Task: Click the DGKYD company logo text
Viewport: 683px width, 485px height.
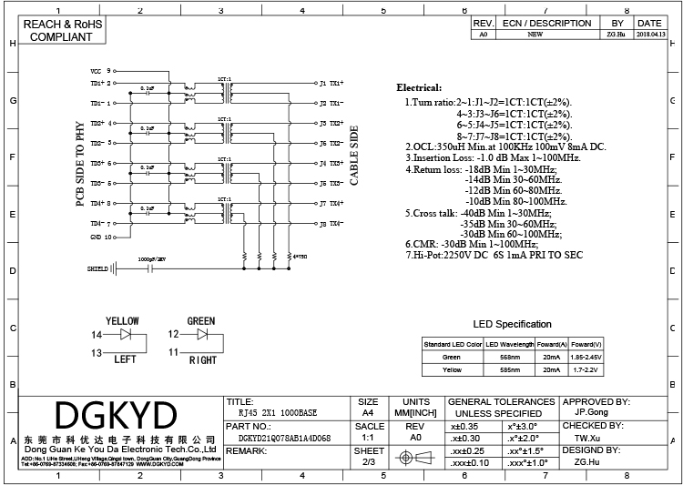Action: (116, 416)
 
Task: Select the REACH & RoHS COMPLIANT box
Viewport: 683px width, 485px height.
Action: (61, 31)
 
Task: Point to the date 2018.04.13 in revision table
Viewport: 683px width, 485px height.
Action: (648, 34)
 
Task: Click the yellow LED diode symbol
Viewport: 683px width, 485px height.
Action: (128, 335)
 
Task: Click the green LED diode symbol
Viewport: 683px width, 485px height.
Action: (205, 335)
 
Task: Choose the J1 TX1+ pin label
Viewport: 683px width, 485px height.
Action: (331, 82)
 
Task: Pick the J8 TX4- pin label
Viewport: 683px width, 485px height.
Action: (331, 223)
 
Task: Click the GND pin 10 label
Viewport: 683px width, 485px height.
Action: (99, 237)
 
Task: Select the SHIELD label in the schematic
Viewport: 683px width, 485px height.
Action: (97, 269)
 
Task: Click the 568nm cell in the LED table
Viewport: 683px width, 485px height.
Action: (511, 358)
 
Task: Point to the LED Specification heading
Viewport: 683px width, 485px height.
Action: (512, 324)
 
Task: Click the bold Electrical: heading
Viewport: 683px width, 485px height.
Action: (419, 87)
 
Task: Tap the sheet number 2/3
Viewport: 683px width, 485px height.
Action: (368, 462)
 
